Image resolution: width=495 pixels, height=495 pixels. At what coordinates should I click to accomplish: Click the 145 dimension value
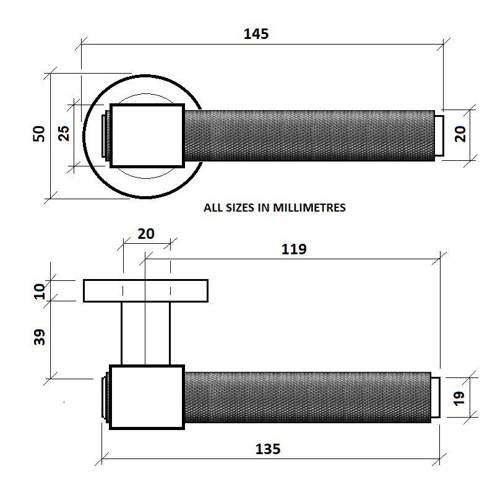pyautogui.click(x=256, y=34)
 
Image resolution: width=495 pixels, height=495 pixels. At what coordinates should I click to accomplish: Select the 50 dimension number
pyautogui.click(x=39, y=134)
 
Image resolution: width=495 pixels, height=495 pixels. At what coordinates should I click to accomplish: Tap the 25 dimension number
pyautogui.click(x=64, y=134)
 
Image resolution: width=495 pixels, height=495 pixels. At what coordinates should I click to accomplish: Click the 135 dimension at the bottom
pyautogui.click(x=267, y=449)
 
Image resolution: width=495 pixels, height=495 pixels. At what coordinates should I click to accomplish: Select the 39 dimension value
pyautogui.click(x=40, y=337)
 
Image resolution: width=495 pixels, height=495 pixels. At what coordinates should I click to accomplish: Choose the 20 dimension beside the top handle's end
pyautogui.click(x=460, y=134)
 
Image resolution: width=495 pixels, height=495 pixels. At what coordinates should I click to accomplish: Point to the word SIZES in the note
pyautogui.click(x=239, y=208)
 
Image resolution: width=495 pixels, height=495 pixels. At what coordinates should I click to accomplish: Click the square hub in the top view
pyautogui.click(x=147, y=136)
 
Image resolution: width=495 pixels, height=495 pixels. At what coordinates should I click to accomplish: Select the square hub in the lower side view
pyautogui.click(x=147, y=397)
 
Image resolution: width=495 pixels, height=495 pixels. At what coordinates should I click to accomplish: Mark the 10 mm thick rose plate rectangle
pyautogui.click(x=145, y=290)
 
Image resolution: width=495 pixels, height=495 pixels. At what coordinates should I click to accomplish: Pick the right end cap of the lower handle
pyautogui.click(x=435, y=397)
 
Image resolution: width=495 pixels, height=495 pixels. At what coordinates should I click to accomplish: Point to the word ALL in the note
pyautogui.click(x=213, y=208)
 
